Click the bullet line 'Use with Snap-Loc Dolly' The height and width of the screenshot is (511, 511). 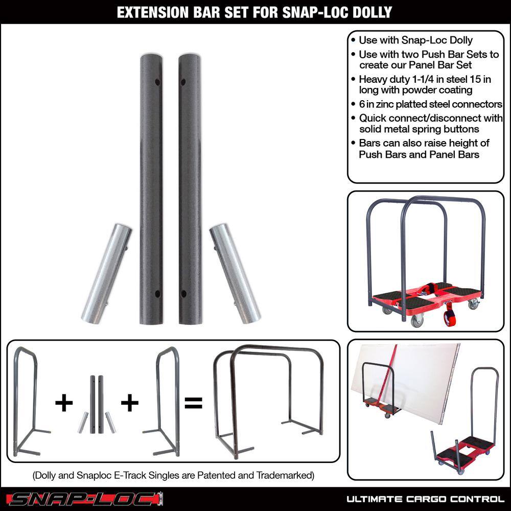pos(415,40)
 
